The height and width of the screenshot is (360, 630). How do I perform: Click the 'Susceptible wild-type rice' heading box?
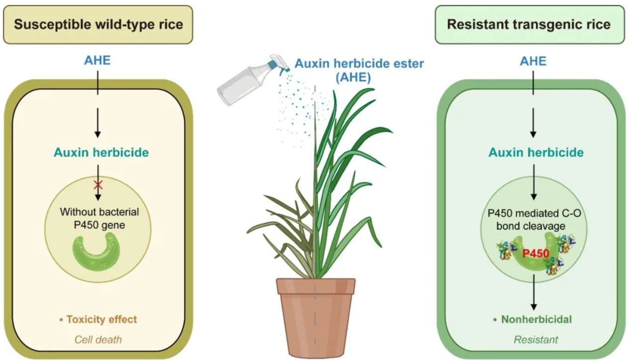click(98, 24)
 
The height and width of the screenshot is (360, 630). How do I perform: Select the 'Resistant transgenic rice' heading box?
click(529, 24)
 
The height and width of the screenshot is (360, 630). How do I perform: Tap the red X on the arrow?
click(98, 184)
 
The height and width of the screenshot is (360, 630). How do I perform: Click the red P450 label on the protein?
click(535, 254)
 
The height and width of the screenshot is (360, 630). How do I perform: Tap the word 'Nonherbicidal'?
click(536, 320)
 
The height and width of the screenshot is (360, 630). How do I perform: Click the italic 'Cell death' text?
click(98, 340)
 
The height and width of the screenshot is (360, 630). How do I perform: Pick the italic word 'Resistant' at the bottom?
click(536, 340)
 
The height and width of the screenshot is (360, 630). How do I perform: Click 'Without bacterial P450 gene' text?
click(100, 218)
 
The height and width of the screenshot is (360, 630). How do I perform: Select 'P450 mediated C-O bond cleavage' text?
click(534, 219)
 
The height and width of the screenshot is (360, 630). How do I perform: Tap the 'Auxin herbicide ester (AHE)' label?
click(359, 70)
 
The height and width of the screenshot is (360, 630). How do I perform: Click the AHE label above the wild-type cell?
click(98, 61)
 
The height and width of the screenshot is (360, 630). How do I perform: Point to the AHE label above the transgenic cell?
click(533, 61)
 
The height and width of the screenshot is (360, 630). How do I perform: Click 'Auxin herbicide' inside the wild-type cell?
click(101, 153)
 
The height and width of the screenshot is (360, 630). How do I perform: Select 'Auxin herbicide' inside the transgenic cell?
click(536, 153)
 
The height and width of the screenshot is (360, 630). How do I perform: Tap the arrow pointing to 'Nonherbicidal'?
click(533, 292)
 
